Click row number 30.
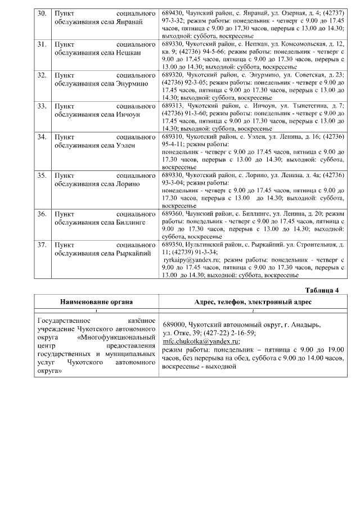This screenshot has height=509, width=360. [41, 12]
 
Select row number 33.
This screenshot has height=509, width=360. [41, 106]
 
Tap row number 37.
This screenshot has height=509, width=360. [41, 245]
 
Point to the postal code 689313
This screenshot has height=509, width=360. [172, 106]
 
